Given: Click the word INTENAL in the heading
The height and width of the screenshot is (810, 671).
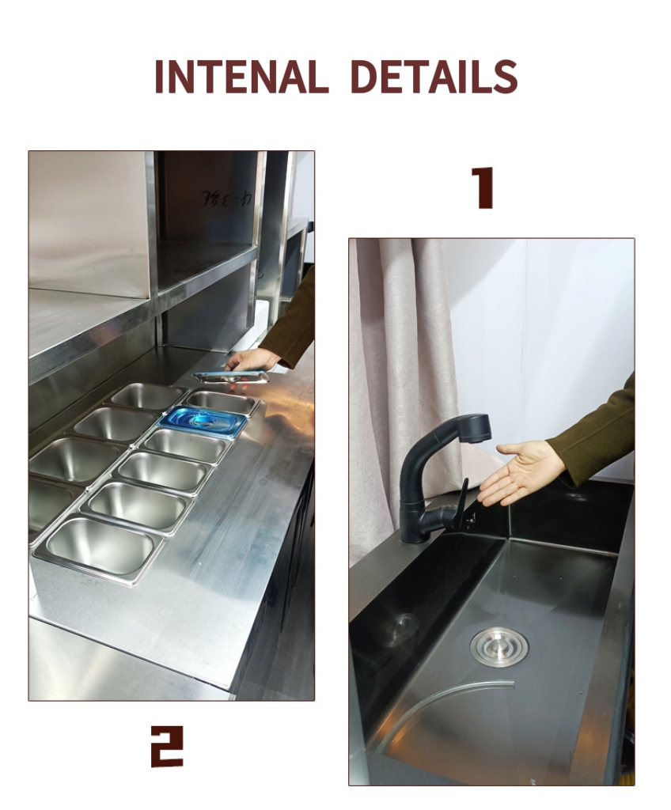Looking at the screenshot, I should click(x=241, y=77).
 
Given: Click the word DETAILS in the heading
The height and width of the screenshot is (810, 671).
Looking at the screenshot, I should click(x=433, y=77).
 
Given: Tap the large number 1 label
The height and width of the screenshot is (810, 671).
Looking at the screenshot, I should click(x=482, y=188).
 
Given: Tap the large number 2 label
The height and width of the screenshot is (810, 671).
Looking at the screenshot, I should click(x=167, y=746).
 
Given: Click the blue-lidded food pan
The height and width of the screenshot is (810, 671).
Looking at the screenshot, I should click(x=203, y=421).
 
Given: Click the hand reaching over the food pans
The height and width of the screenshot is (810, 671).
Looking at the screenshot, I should click(x=251, y=361).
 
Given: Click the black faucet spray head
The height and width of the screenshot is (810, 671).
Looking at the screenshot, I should click(x=466, y=429).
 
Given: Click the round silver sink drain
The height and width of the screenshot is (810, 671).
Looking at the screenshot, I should click(x=499, y=646).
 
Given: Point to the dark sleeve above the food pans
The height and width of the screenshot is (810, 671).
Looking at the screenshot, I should click(x=292, y=324).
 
